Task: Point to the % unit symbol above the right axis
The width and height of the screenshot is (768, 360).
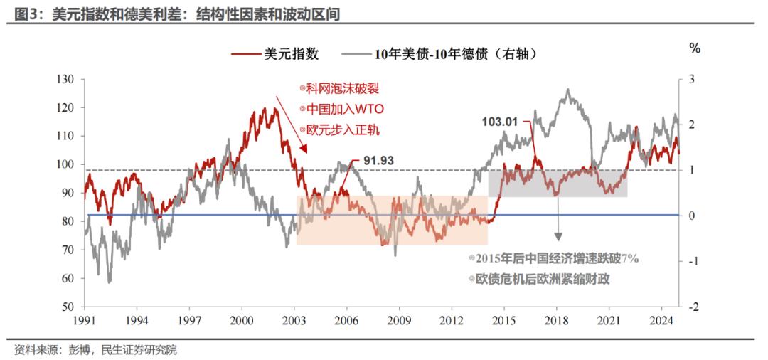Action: [x=695, y=48]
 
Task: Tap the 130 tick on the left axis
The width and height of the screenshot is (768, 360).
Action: [x=65, y=79]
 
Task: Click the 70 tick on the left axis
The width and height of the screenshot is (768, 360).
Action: [x=68, y=250]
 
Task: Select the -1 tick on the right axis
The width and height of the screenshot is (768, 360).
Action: [x=688, y=261]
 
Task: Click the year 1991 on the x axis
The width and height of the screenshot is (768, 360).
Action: [x=85, y=319]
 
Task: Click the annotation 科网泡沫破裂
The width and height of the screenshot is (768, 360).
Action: [x=341, y=89]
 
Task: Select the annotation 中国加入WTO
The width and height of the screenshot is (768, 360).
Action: [x=342, y=110]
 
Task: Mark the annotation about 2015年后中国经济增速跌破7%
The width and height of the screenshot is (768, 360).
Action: [x=554, y=258]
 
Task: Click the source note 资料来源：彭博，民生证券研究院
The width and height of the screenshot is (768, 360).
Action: [x=95, y=350]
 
